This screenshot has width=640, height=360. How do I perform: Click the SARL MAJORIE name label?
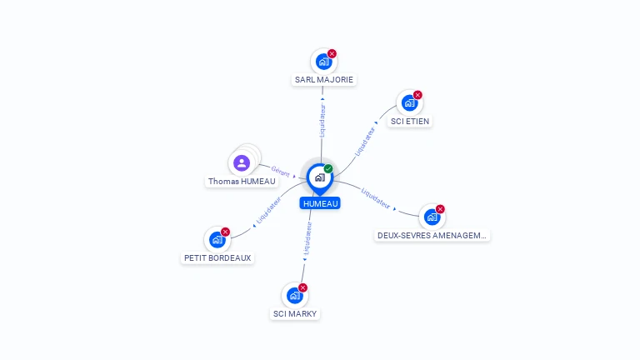click(x=324, y=80)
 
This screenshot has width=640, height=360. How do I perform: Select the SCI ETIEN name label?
click(x=410, y=121)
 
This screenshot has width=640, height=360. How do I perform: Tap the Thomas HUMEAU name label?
click(x=242, y=181)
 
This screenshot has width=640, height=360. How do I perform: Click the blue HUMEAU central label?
click(x=320, y=203)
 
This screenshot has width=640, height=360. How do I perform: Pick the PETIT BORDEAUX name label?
click(x=217, y=257)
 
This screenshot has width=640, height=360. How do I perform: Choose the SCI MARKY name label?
click(x=295, y=313)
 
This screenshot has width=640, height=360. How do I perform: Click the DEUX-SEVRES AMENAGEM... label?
click(x=432, y=235)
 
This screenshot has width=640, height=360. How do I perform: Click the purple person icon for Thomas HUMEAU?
click(x=242, y=162)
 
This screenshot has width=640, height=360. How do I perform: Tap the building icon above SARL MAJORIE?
click(x=323, y=62)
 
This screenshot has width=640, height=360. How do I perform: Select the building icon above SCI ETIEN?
click(x=408, y=102)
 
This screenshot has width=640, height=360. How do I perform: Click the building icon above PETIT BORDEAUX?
click(x=217, y=240)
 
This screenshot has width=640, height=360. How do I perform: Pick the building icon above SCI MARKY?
click(x=294, y=295)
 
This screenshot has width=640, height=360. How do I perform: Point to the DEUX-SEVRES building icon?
click(x=431, y=217)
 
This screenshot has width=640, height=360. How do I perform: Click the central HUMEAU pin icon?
click(x=319, y=177)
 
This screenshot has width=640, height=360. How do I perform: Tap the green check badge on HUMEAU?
click(x=328, y=168)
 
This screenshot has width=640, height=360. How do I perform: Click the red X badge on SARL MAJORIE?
click(x=332, y=53)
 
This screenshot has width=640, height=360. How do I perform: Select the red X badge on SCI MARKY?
click(x=302, y=287)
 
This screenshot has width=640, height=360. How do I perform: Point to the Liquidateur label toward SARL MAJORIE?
click(x=322, y=120)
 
